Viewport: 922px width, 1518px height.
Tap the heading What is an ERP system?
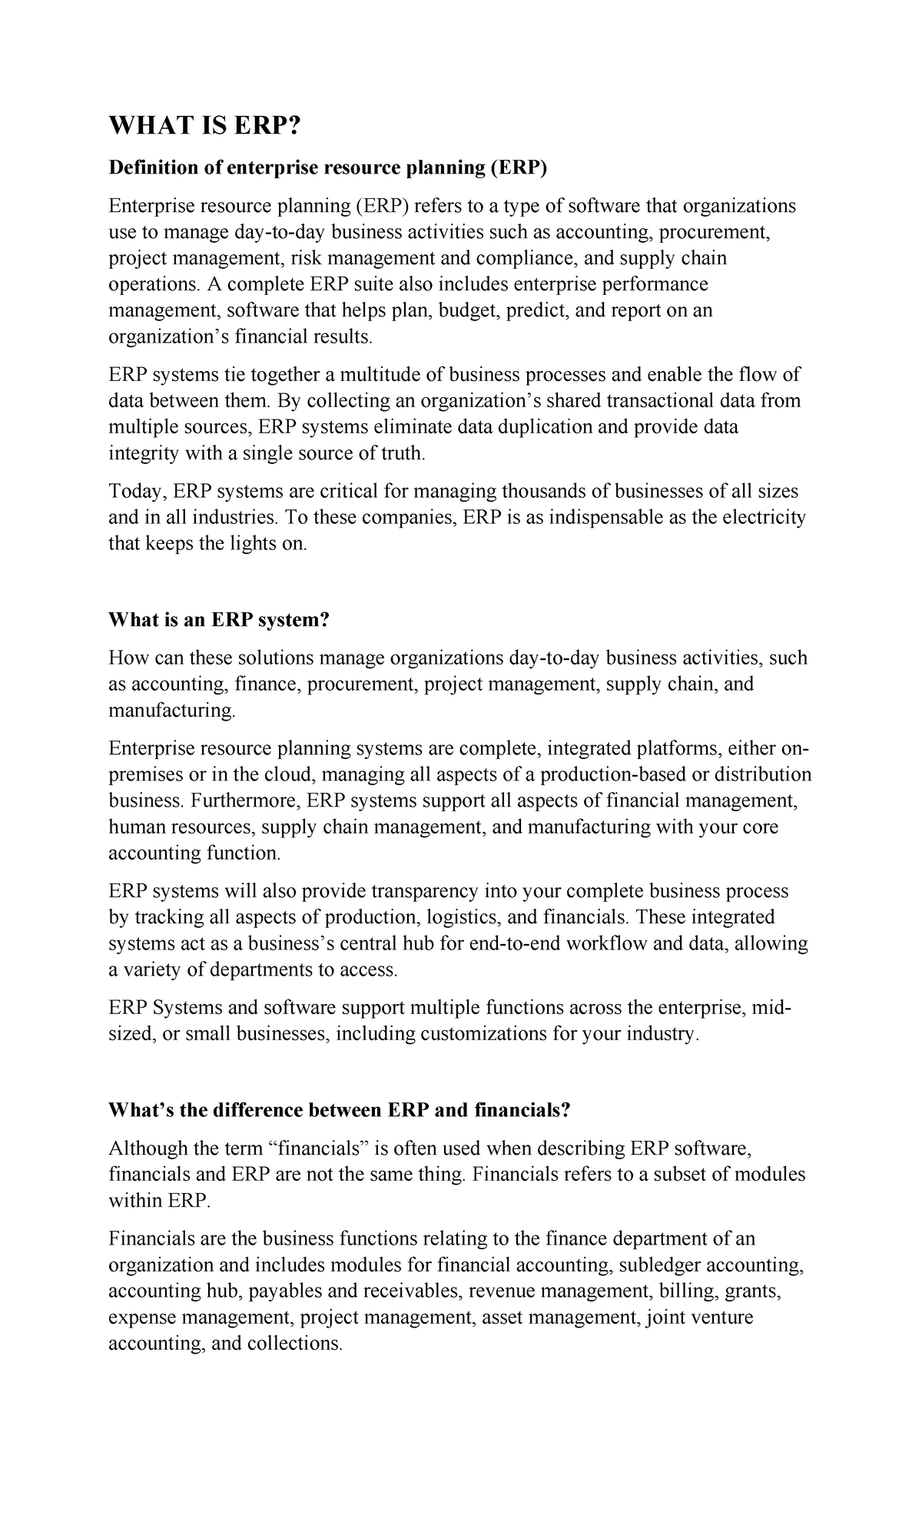[x=218, y=620]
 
